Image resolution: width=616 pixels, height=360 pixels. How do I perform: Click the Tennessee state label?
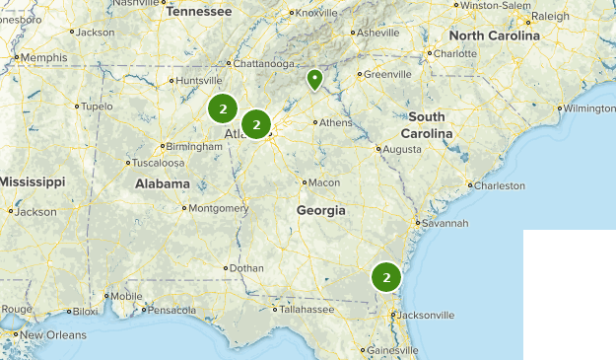click(198, 12)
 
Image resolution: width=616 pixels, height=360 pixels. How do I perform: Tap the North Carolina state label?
click(495, 36)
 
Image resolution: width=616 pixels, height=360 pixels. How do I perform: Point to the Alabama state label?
click(163, 183)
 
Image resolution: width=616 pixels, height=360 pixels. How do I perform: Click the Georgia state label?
click(321, 210)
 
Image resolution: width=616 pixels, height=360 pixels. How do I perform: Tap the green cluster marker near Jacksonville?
click(387, 278)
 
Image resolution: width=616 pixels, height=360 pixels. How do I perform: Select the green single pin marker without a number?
click(314, 79)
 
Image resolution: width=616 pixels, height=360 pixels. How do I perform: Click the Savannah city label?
click(446, 223)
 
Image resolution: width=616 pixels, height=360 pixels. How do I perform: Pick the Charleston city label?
click(500, 185)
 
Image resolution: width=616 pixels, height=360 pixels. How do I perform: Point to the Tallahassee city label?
click(306, 309)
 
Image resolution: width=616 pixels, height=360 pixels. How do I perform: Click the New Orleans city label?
click(53, 335)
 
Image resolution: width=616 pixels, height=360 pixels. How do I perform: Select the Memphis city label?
click(43, 57)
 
